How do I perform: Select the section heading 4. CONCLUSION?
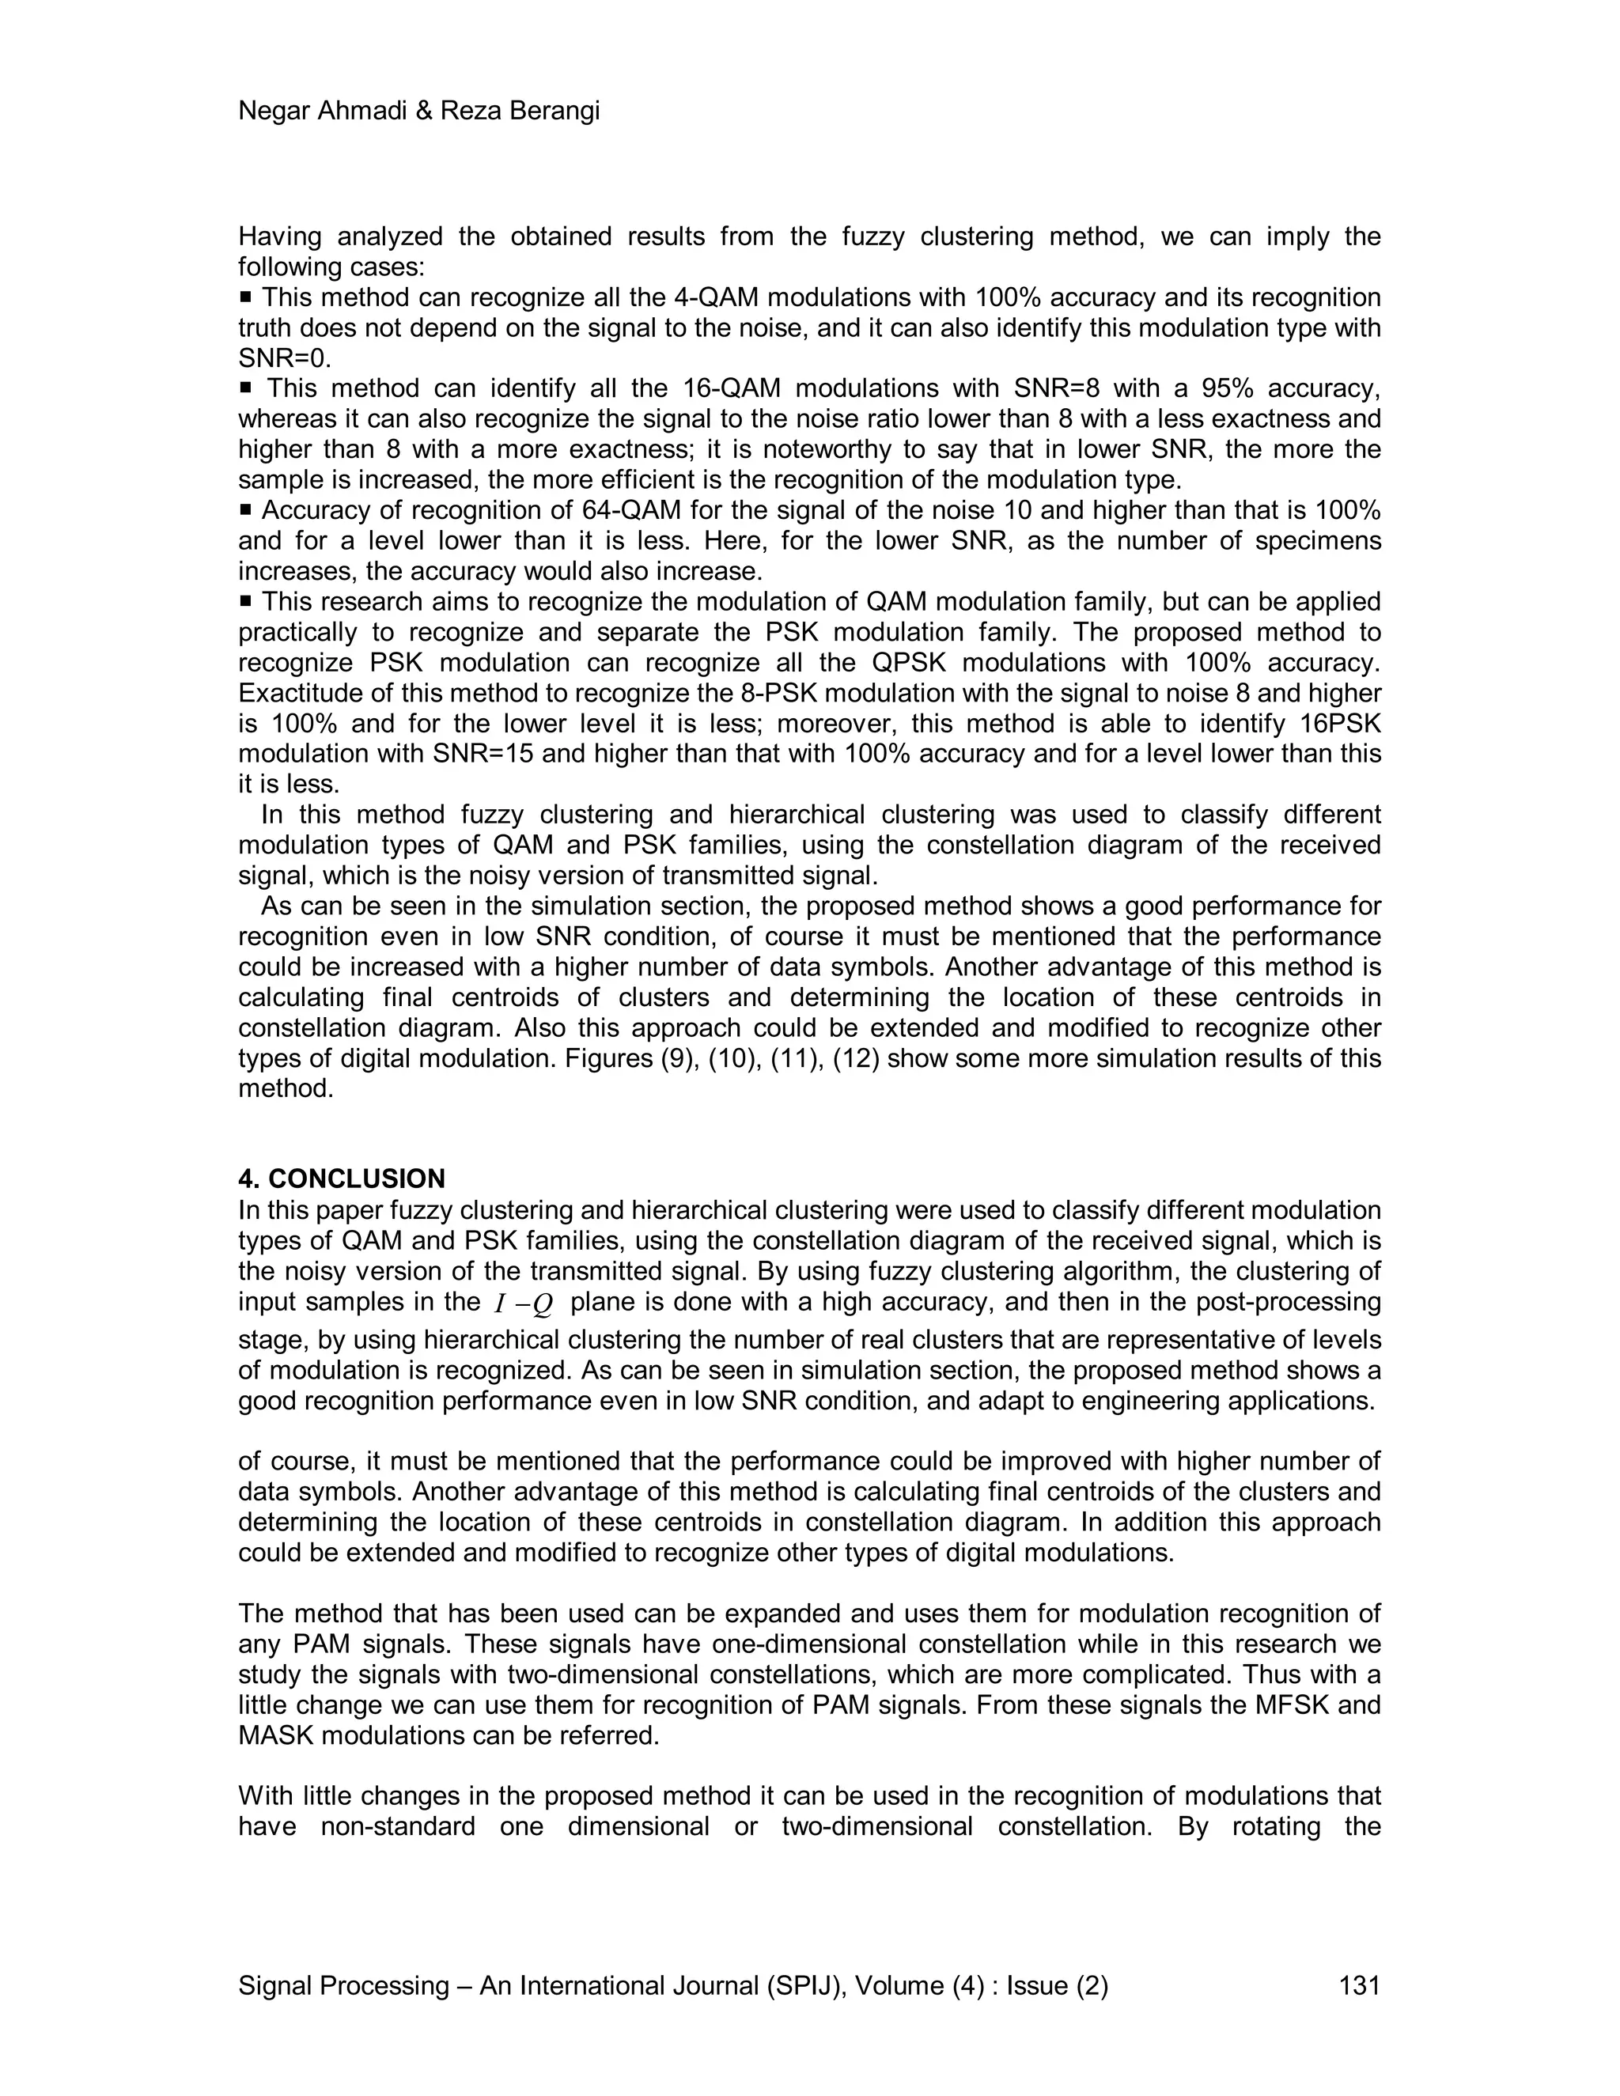tap(341, 1179)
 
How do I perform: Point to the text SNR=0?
tap(284, 359)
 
